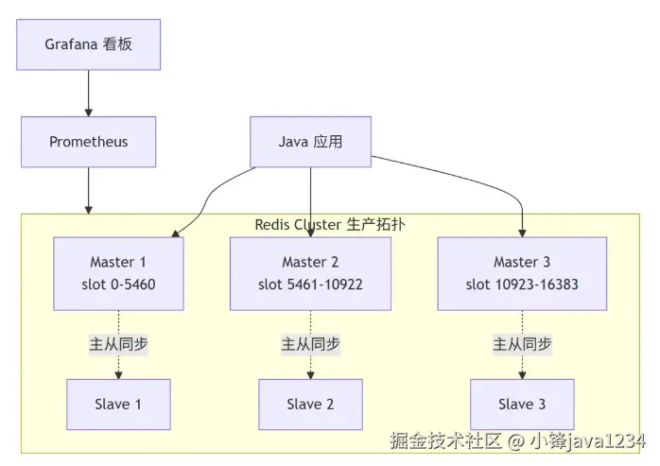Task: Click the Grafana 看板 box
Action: click(x=89, y=43)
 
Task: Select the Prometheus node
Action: click(x=89, y=142)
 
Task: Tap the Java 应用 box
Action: click(x=310, y=142)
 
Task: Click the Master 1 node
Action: click(x=118, y=273)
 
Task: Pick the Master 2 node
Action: click(x=310, y=273)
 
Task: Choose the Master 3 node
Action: click(x=522, y=273)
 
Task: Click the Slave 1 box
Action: click(x=118, y=405)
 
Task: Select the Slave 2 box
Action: click(x=310, y=405)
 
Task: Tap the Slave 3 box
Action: click(x=522, y=405)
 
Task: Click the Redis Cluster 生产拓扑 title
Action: click(x=330, y=224)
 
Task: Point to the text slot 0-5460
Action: click(x=118, y=284)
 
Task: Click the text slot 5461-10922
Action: click(x=310, y=284)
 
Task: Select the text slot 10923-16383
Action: click(x=522, y=284)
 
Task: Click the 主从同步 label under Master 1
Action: click(x=118, y=345)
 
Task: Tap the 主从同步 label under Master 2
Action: click(x=310, y=345)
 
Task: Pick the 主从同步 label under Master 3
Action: click(x=522, y=345)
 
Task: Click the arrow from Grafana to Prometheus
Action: click(x=89, y=93)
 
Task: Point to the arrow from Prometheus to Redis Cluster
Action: click(x=89, y=189)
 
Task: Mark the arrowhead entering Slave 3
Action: click(x=522, y=374)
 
